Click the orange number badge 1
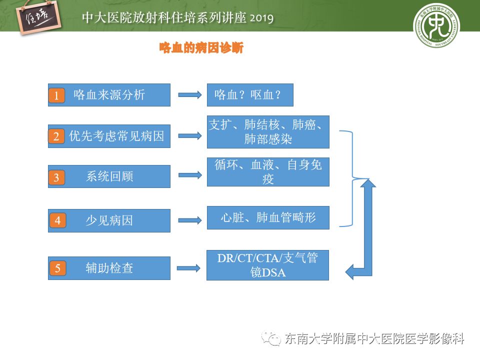coord(56,95)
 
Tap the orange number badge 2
coord(56,136)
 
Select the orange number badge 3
coord(56,177)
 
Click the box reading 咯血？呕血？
coord(250,95)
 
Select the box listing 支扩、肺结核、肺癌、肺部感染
coord(268,131)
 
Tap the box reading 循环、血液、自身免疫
coord(268,172)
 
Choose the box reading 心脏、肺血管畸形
coord(268,217)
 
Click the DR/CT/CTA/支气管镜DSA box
coord(267,265)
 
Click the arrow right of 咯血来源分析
coord(189,95)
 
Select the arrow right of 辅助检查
coord(189,268)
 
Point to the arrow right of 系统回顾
coord(189,175)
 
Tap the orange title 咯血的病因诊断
coord(201,48)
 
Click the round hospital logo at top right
coord(436,25)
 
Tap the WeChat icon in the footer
coord(273,339)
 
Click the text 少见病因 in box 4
coord(109,220)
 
